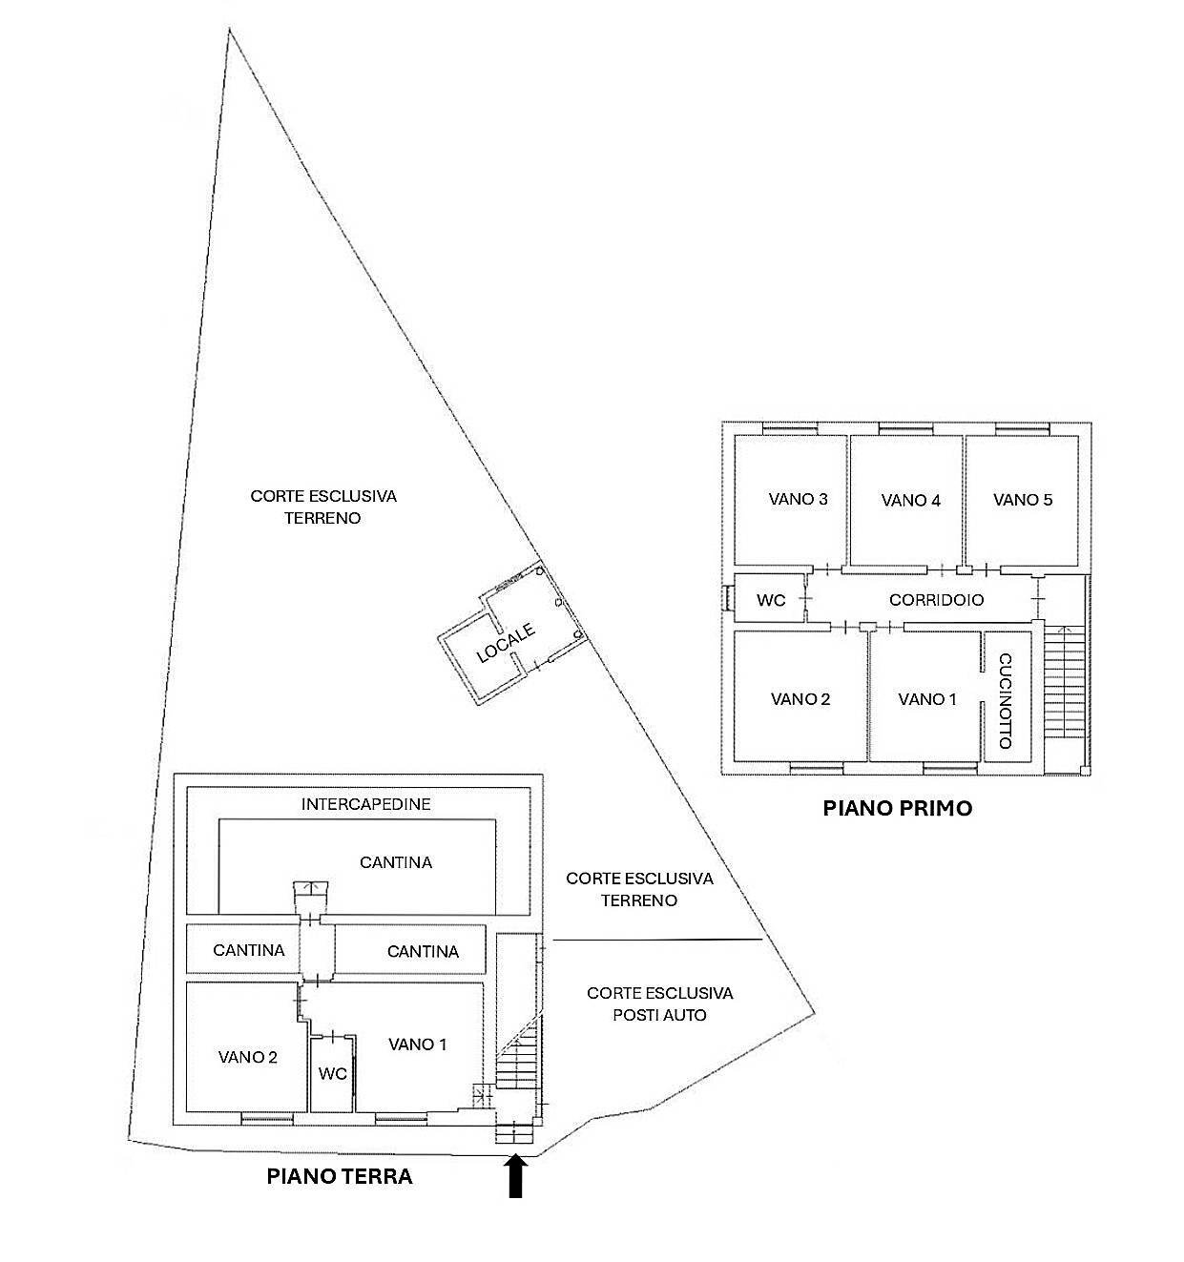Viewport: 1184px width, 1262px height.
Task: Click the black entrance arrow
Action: click(515, 1176)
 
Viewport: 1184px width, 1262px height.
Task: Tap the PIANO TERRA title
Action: click(339, 1176)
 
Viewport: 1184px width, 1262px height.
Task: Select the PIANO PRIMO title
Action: click(897, 809)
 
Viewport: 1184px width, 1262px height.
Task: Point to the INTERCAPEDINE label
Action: click(366, 804)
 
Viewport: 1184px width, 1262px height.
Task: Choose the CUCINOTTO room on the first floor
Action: click(1006, 699)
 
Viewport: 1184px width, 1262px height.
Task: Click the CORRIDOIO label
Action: click(936, 600)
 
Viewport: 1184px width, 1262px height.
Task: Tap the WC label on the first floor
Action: click(771, 601)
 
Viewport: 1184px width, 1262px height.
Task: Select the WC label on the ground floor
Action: click(333, 1073)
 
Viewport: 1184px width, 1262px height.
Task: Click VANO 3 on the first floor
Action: click(798, 499)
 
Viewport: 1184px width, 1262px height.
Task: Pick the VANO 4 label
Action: click(910, 500)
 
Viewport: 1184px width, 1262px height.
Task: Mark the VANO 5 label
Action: click(1023, 499)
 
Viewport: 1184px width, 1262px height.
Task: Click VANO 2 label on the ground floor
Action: click(247, 1056)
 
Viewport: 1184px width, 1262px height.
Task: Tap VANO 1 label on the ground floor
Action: click(417, 1045)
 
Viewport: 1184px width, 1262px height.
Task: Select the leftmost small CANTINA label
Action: click(248, 950)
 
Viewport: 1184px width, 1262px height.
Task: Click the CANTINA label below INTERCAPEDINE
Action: click(396, 862)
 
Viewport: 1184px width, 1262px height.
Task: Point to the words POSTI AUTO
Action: click(660, 1015)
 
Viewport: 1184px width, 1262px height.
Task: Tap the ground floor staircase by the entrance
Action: click(517, 1060)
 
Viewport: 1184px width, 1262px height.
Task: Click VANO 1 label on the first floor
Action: click(926, 699)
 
